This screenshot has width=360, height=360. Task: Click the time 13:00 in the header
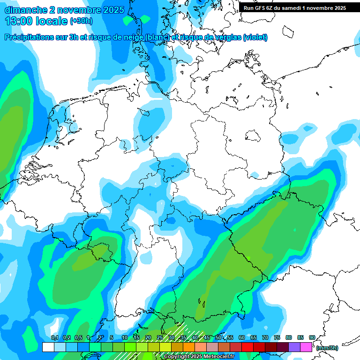coord(20,21)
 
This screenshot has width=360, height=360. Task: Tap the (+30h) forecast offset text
coord(81,21)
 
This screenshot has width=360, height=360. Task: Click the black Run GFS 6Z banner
coord(295,8)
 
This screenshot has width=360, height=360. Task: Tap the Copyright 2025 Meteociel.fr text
coord(199,357)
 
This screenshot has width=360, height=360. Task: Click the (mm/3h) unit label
coord(327,348)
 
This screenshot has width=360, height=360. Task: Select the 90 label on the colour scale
coord(312,337)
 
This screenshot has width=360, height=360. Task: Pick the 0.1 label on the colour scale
coord(54,337)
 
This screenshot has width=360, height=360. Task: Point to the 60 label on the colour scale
coord(242,337)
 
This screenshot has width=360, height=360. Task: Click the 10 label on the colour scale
coord(125,337)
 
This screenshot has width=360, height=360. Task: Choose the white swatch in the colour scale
coord(48,347)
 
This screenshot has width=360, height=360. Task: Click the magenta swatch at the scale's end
coord(306,347)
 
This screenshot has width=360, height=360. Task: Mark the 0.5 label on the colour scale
coord(78,337)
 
